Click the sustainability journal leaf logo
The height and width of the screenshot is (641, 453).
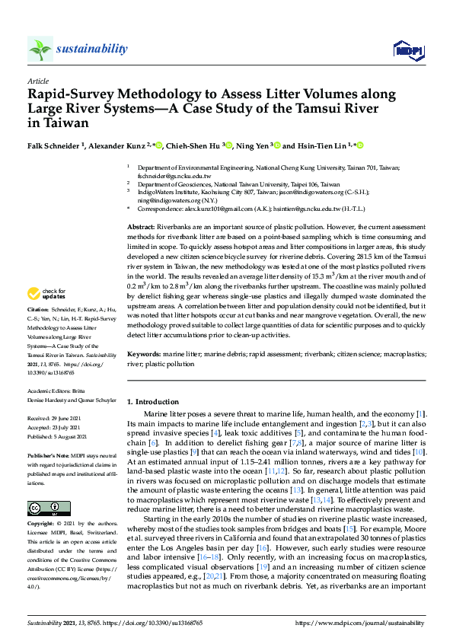click(x=40, y=49)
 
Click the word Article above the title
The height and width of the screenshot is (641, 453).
click(x=37, y=80)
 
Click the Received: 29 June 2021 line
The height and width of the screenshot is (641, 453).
click(x=59, y=418)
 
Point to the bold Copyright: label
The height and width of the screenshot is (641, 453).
click(x=41, y=525)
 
